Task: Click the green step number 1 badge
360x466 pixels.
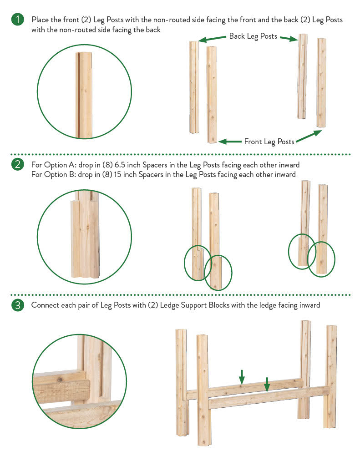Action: tap(18, 20)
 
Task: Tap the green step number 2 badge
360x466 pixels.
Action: tap(18, 164)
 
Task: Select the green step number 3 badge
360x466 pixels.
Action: tap(18, 305)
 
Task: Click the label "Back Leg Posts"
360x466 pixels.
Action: tap(253, 36)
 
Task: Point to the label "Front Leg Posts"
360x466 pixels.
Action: tap(269, 142)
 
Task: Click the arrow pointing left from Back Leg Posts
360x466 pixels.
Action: tap(212, 39)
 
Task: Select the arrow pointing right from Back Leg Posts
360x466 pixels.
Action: tap(289, 38)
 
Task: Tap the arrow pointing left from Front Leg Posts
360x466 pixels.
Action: tap(230, 142)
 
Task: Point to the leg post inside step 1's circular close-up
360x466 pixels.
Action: tap(84, 95)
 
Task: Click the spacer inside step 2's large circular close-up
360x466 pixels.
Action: tap(76, 239)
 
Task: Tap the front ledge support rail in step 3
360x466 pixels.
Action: tap(269, 398)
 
